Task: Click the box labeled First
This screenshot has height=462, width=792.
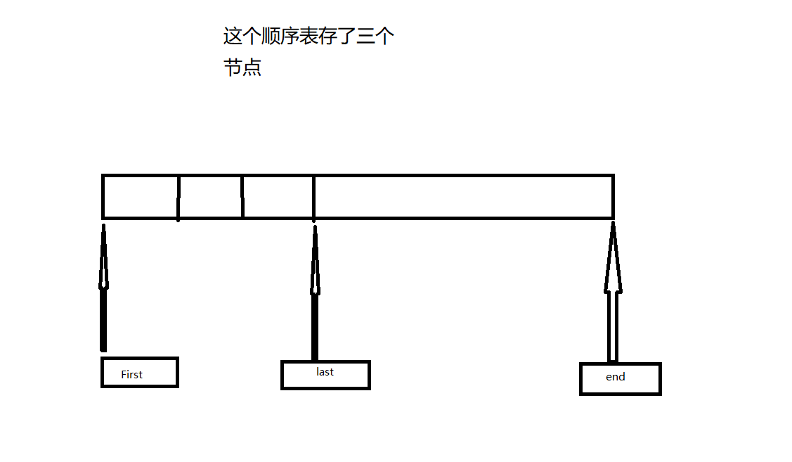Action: tap(139, 372)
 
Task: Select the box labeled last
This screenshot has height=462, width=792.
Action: tap(325, 375)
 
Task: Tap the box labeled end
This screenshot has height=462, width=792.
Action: tap(620, 379)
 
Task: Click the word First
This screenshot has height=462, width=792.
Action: tap(131, 375)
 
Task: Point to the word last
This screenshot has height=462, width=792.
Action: tap(325, 371)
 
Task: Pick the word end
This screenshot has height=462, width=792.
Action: tap(615, 377)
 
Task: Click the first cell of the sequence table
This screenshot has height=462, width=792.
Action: tap(141, 197)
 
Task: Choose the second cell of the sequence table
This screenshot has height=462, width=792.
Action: tap(210, 197)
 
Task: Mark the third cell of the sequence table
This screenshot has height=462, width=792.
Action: tap(278, 197)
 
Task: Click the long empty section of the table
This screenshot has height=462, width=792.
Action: tap(463, 197)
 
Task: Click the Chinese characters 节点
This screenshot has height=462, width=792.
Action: tap(242, 68)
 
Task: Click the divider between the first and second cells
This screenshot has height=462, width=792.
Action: tap(178, 197)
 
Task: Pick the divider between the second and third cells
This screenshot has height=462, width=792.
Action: tap(242, 197)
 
